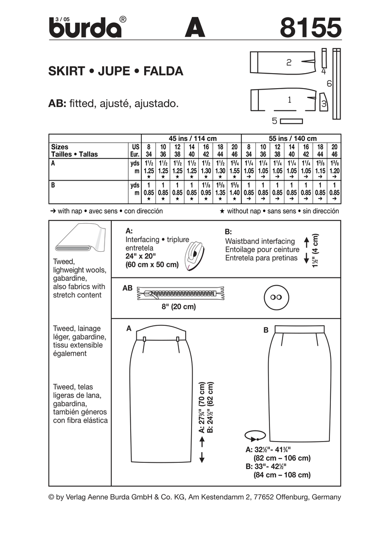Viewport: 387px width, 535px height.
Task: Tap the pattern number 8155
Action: [x=311, y=28]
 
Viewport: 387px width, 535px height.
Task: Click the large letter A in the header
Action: [x=195, y=28]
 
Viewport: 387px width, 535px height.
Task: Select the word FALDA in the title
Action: [x=164, y=71]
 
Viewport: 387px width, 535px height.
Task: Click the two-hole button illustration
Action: [x=276, y=297]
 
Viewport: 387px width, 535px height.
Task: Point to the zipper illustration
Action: [x=181, y=293]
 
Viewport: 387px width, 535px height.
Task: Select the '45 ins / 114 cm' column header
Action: [x=193, y=138]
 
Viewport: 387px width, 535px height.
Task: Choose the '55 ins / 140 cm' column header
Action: [x=293, y=138]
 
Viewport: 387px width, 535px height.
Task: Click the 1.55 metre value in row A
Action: [x=235, y=171]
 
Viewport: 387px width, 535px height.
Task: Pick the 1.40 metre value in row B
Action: [x=235, y=192]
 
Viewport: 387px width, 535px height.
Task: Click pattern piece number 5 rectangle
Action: [x=291, y=121]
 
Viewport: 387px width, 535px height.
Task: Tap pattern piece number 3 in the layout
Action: [x=324, y=102]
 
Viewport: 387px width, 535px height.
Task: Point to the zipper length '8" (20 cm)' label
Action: [x=179, y=307]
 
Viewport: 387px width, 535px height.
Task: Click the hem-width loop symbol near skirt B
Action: [x=255, y=436]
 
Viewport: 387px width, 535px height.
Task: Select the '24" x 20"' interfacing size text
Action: [x=140, y=256]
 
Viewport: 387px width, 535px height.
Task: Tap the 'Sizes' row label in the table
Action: [x=60, y=147]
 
